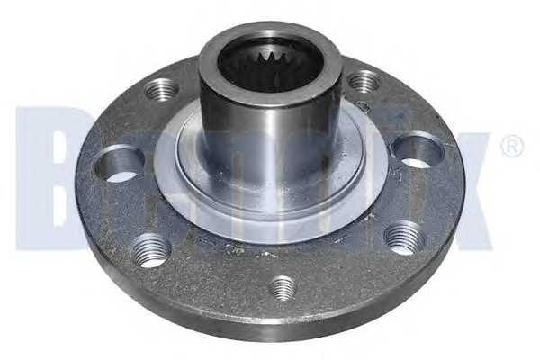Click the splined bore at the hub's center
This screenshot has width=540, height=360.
[x=268, y=67]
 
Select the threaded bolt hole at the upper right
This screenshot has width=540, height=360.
[x=364, y=83]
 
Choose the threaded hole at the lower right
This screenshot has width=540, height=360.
[x=402, y=238]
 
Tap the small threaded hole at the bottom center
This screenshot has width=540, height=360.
[x=283, y=287]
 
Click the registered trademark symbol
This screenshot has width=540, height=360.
[x=511, y=147]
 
